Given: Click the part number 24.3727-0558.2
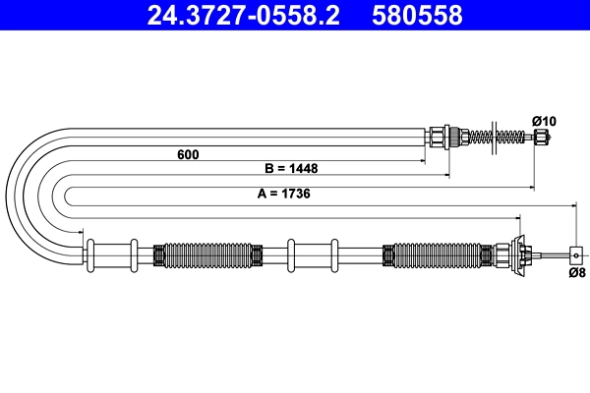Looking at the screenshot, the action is [x=244, y=15].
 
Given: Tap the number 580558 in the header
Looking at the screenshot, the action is [x=417, y=15].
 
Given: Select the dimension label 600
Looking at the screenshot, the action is [x=188, y=154].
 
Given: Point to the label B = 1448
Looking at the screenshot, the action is [x=291, y=168].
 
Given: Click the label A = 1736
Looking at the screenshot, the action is [x=284, y=194].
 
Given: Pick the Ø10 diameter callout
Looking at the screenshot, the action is [x=544, y=121].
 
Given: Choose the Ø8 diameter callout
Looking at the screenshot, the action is [x=577, y=272].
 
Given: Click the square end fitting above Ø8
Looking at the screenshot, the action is [x=576, y=255].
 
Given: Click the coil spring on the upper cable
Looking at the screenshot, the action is [x=496, y=138].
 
